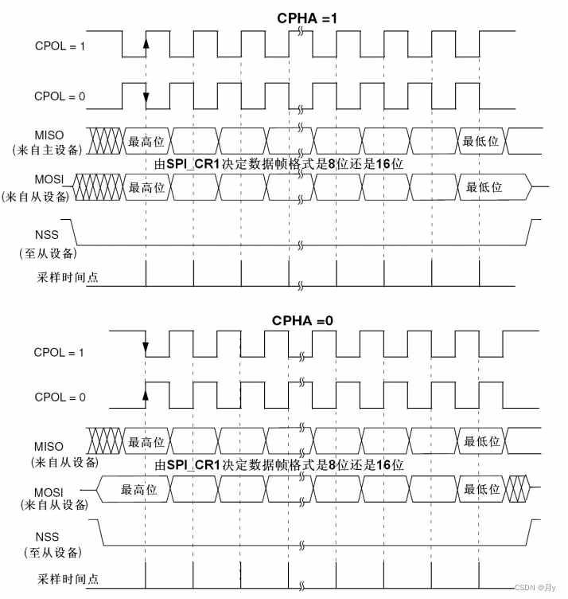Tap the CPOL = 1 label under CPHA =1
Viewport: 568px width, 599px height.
coord(60,45)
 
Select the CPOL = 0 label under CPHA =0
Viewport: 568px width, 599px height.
coord(60,396)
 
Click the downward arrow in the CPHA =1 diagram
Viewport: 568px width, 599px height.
coord(146,98)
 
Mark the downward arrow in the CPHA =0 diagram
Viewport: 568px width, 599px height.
coord(146,347)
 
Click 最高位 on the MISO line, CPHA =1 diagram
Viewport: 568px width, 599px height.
coord(146,141)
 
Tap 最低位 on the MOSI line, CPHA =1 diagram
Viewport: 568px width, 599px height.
coord(484,187)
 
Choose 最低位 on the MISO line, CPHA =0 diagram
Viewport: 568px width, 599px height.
coord(481,442)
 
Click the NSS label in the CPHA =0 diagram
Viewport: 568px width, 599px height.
coord(49,537)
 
